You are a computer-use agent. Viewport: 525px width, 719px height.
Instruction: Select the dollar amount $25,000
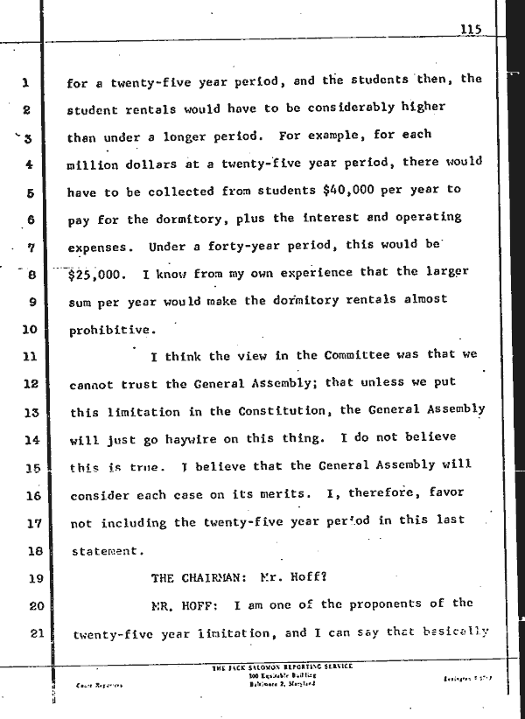pyautogui.click(x=95, y=272)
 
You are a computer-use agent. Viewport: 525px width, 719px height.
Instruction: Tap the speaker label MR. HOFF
pyautogui.click(x=184, y=604)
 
